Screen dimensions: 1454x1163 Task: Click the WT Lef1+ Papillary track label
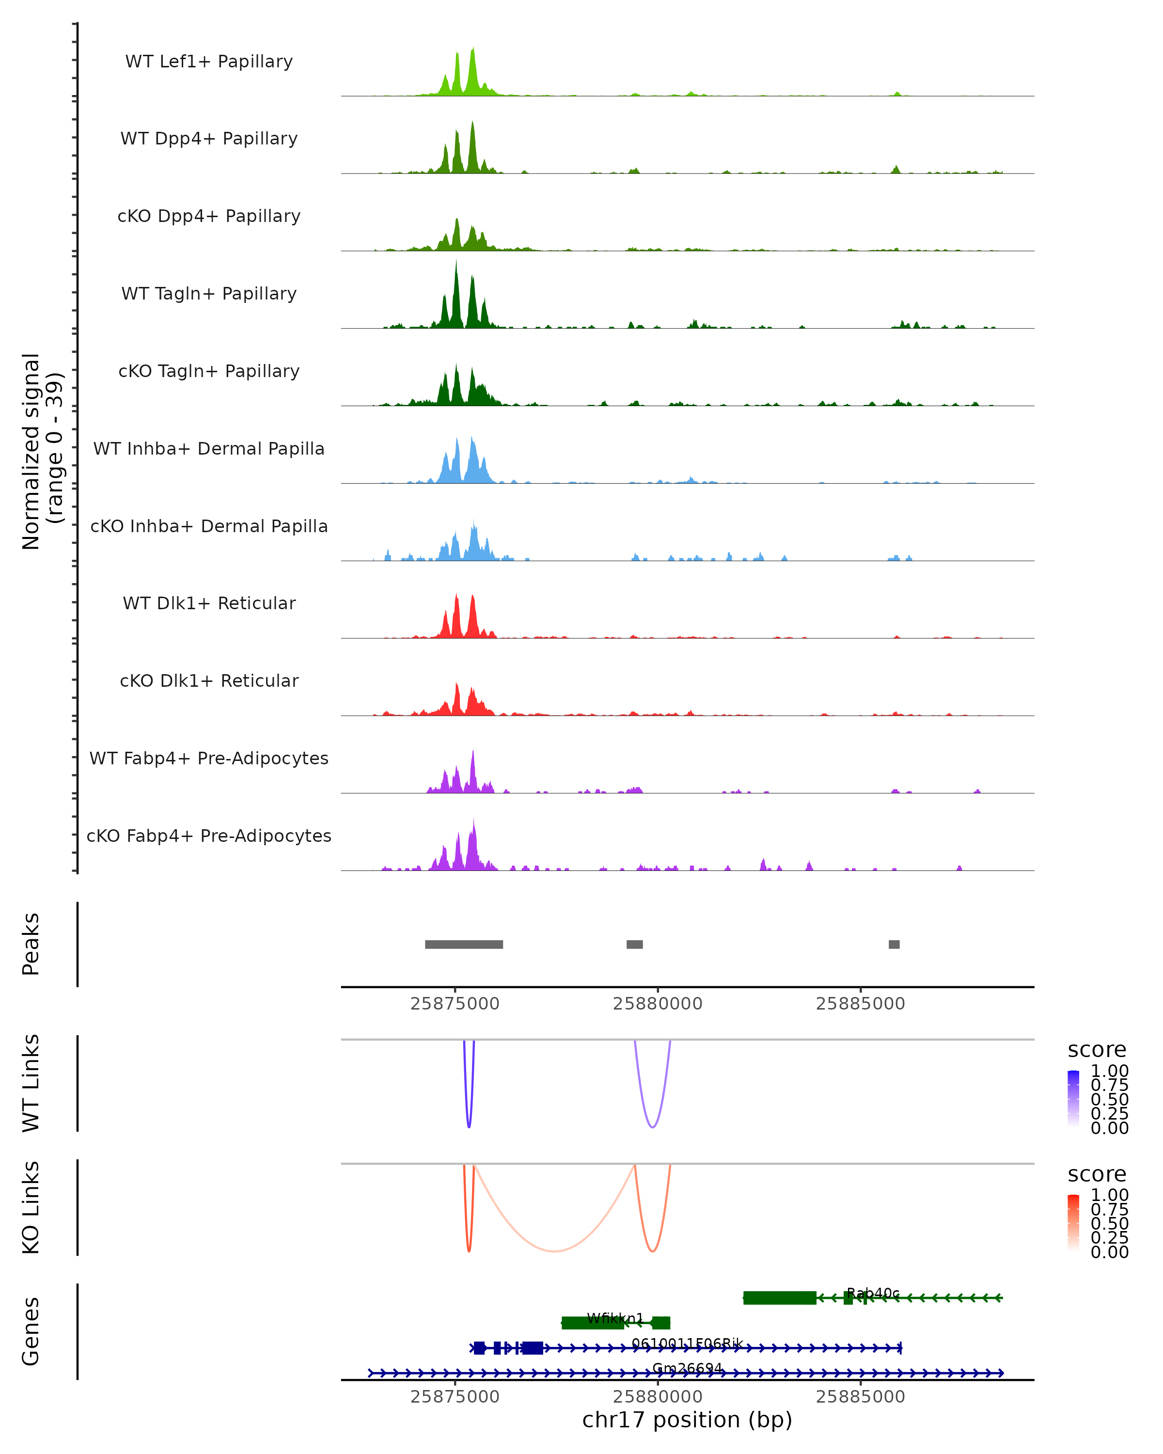coord(209,62)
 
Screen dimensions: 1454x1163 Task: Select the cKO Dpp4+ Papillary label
coord(209,217)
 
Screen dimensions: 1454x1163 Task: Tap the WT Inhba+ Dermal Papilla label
coord(209,449)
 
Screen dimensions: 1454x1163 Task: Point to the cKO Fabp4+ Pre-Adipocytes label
coord(209,836)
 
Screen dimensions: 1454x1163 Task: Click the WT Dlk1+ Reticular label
coord(209,603)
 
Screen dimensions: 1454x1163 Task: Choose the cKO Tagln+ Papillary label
coord(209,372)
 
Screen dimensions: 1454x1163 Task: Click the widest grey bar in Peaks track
coord(464,944)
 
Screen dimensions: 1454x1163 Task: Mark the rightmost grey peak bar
coord(894,944)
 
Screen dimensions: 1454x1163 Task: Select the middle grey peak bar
coord(634,944)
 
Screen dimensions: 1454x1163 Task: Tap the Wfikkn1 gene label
coord(615,1318)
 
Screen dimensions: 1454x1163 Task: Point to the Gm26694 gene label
coord(687,1368)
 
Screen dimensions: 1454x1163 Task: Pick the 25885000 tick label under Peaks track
coord(860,1004)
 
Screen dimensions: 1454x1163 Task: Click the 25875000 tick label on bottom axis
coord(455,1397)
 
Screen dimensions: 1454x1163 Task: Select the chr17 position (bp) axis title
coord(687,1420)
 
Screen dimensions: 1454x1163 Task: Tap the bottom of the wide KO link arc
coord(554,1251)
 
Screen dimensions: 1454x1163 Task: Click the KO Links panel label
coord(31,1208)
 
